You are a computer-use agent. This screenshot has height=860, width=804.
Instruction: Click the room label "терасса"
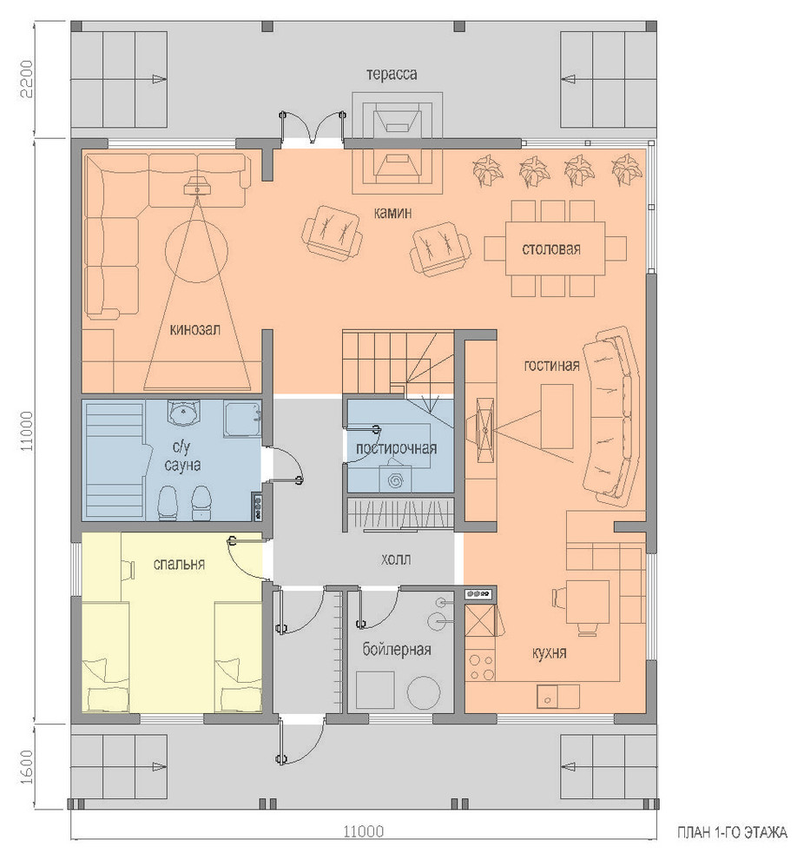click(392, 74)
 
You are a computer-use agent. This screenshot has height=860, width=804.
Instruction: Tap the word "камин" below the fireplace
click(392, 213)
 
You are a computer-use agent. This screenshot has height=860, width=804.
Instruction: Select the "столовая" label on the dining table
click(550, 249)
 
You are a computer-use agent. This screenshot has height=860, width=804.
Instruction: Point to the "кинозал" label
click(195, 329)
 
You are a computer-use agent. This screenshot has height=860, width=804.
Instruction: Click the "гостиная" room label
click(551, 365)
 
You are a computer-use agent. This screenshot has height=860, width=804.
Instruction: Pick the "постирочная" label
click(396, 448)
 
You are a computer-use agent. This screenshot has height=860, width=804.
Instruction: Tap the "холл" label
click(396, 559)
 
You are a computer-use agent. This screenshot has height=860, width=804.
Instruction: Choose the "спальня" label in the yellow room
click(179, 564)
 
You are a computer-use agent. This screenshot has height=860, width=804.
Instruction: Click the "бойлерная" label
click(396, 650)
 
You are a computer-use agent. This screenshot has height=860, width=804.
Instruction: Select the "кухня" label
click(549, 653)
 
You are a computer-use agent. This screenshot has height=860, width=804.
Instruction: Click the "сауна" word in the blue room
click(182, 465)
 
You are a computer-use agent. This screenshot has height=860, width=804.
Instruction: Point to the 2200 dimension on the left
click(28, 79)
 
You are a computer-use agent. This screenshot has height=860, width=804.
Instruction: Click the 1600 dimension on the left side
click(28, 767)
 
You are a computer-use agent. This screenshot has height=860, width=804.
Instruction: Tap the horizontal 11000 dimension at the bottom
click(363, 832)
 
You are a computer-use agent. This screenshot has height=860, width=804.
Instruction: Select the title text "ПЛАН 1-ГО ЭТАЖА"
click(732, 833)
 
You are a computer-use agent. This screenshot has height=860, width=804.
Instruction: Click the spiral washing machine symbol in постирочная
click(394, 481)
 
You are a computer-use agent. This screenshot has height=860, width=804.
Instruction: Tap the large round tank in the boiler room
click(424, 692)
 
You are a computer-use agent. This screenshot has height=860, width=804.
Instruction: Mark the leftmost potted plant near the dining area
click(488, 169)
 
